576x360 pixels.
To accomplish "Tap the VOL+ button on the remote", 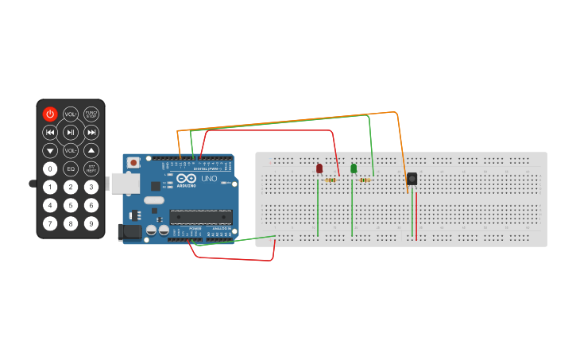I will tap(71, 114).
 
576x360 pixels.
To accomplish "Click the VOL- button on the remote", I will tap(71, 150).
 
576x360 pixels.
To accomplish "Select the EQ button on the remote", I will tap(71, 168).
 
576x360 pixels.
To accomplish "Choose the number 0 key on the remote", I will tap(50, 168).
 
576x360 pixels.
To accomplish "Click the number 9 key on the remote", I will tap(91, 223).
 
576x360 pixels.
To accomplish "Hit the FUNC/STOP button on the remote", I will tap(91, 114).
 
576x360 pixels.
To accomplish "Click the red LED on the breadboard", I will tap(319, 168).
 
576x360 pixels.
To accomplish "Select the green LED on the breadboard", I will tap(354, 168).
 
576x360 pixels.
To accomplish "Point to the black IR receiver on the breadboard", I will tap(412, 179).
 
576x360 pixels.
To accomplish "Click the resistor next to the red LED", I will tap(331, 180).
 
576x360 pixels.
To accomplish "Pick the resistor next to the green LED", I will tap(365, 180).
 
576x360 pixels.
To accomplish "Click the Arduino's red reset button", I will tap(133, 163).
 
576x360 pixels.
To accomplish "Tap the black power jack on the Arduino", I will tap(128, 232).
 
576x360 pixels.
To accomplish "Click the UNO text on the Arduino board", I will tap(208, 179).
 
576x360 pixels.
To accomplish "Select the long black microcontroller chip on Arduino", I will tap(201, 216).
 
